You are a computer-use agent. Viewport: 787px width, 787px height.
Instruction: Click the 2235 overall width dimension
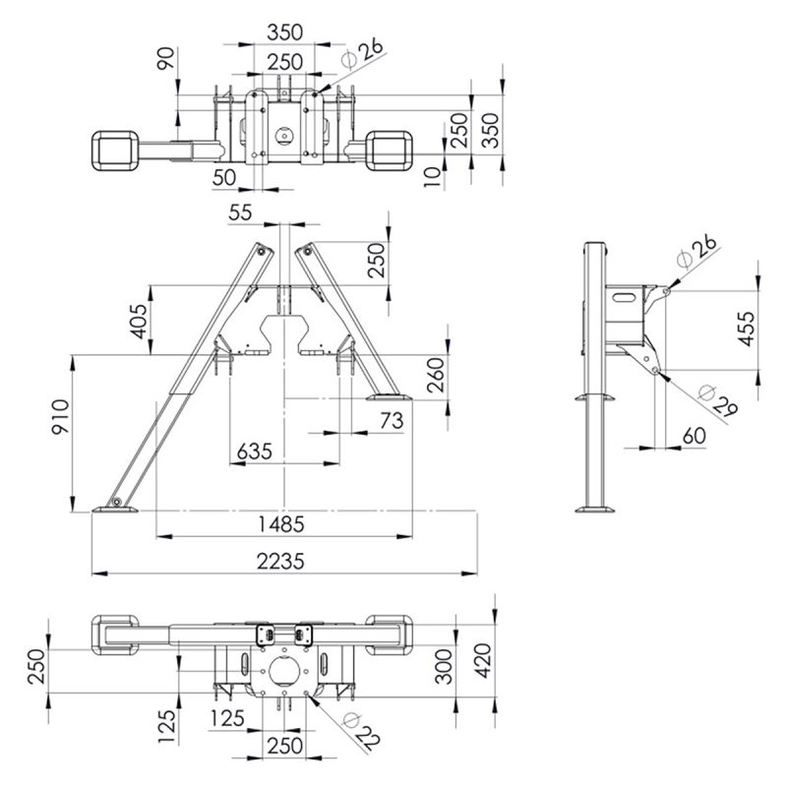(280, 561)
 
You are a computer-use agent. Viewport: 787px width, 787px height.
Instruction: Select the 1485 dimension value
(281, 524)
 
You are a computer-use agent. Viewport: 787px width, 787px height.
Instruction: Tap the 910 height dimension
(61, 416)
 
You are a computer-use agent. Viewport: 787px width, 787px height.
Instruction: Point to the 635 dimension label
(255, 452)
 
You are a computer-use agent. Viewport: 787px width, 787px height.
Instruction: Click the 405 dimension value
(139, 322)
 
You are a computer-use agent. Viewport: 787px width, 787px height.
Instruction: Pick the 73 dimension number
(392, 421)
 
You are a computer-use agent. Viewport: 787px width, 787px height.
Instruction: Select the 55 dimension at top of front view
(240, 212)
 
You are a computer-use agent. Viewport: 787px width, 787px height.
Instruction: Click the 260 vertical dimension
(436, 375)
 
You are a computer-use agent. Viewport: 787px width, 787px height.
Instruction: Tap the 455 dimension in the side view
(746, 329)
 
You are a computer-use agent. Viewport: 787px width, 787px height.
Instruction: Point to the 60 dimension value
(695, 436)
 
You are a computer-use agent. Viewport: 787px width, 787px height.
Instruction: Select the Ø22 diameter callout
(361, 732)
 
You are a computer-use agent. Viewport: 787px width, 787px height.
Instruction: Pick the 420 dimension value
(483, 660)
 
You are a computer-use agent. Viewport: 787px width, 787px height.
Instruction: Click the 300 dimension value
(444, 666)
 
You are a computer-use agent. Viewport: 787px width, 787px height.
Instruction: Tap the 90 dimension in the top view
(166, 58)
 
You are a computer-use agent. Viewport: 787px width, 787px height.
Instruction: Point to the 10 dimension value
(432, 177)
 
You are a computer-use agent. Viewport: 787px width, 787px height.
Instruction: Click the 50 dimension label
(224, 177)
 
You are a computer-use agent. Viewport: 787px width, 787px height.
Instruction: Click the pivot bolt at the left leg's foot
(117, 502)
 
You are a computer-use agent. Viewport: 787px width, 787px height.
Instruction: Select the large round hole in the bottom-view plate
(284, 671)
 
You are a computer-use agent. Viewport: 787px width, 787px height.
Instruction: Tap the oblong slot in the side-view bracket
(627, 297)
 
